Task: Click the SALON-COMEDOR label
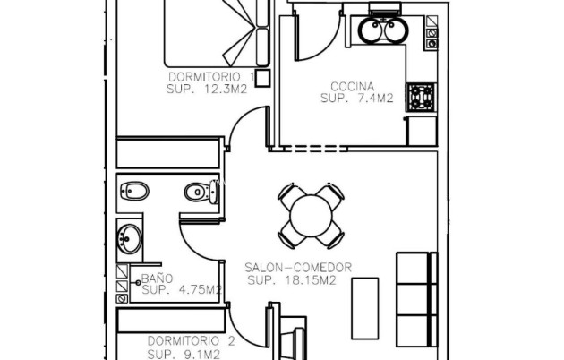(298, 268)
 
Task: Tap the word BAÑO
(158, 279)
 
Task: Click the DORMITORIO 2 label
(178, 341)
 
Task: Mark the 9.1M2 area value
(198, 355)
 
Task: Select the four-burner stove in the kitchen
(419, 96)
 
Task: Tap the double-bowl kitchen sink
(383, 30)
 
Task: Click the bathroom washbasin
(129, 239)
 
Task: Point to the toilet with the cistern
(196, 192)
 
